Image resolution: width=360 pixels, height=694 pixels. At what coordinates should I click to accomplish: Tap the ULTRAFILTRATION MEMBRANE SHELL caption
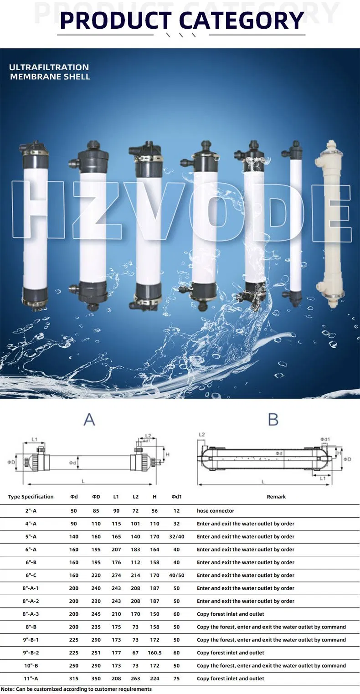point(49,72)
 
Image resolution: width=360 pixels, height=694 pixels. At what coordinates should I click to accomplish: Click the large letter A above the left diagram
point(89,419)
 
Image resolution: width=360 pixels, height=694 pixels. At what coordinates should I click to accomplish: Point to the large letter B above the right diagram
point(273,419)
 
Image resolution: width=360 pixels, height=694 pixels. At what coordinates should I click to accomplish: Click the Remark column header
point(276,497)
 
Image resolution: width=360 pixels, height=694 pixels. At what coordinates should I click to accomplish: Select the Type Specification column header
point(31,497)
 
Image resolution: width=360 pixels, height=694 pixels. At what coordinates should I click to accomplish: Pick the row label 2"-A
point(31,511)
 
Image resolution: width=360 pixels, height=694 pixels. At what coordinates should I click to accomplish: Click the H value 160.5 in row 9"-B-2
point(155,653)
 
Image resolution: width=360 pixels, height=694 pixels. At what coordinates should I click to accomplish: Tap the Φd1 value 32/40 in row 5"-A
point(176,536)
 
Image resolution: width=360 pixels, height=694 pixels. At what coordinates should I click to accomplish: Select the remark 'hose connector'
point(216,511)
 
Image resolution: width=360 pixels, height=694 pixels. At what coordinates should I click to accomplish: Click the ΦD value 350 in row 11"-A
point(96,679)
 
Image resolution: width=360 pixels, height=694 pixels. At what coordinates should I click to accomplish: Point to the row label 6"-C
point(31,575)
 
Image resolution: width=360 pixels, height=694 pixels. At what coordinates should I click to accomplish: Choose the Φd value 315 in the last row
point(74,679)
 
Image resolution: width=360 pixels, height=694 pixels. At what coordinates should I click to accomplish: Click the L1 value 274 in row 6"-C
point(116,575)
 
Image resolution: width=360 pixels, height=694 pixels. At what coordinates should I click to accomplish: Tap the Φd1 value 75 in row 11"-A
point(176,679)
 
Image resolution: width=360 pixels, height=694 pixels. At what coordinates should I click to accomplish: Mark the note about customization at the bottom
point(76,689)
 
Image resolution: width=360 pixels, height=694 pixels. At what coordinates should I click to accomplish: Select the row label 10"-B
point(31,666)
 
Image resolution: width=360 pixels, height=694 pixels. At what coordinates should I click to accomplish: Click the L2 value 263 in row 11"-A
point(136,679)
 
